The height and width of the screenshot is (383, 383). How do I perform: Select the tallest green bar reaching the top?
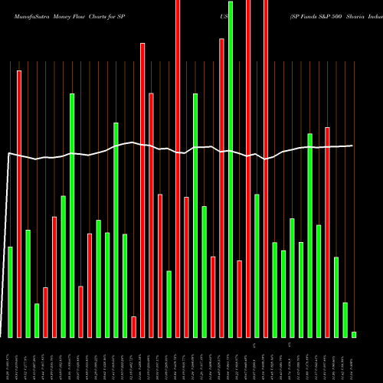231,169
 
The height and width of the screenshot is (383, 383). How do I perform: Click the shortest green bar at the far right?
354,334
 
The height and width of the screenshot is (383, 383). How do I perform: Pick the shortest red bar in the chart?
133,327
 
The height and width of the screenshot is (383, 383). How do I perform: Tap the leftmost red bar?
19,204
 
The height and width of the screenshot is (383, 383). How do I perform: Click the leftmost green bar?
10,292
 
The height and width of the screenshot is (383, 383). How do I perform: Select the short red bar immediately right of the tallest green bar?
239,299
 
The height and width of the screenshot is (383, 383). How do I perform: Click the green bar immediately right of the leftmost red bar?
28,283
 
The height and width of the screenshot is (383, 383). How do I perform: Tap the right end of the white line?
353,146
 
